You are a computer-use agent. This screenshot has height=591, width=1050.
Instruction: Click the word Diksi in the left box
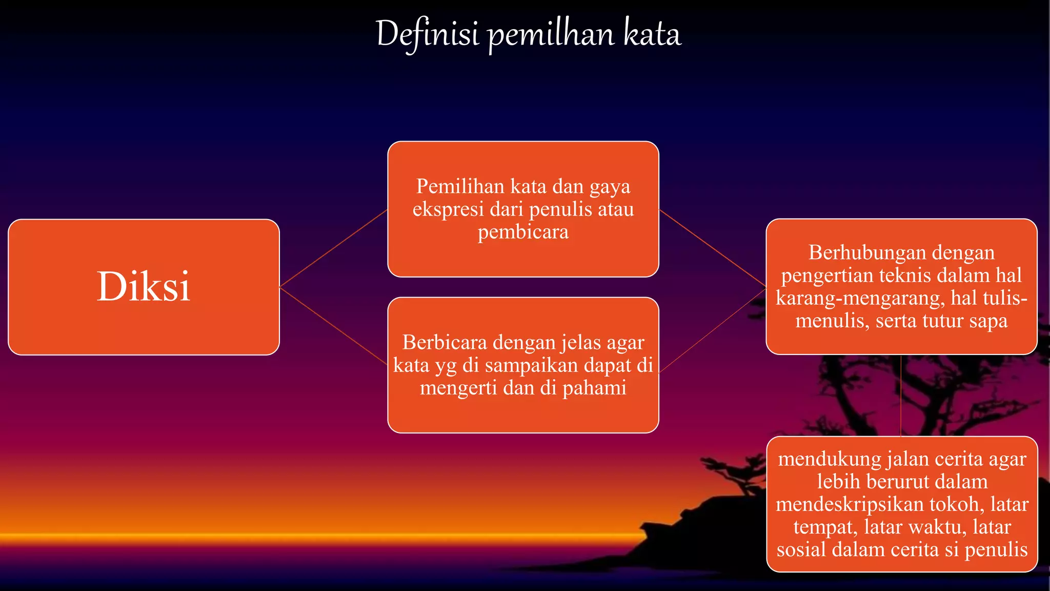tap(144, 286)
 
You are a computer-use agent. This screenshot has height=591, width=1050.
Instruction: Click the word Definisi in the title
tap(427, 34)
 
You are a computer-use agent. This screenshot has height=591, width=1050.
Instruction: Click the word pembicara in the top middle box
tap(523, 232)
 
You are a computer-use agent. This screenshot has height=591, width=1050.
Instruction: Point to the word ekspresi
tap(448, 209)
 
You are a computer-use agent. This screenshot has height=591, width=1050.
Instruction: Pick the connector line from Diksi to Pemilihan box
tap(333, 248)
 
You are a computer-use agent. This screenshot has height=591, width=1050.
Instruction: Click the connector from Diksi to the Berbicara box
tap(333, 326)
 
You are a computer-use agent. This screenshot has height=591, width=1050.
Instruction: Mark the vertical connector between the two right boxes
tap(901, 395)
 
